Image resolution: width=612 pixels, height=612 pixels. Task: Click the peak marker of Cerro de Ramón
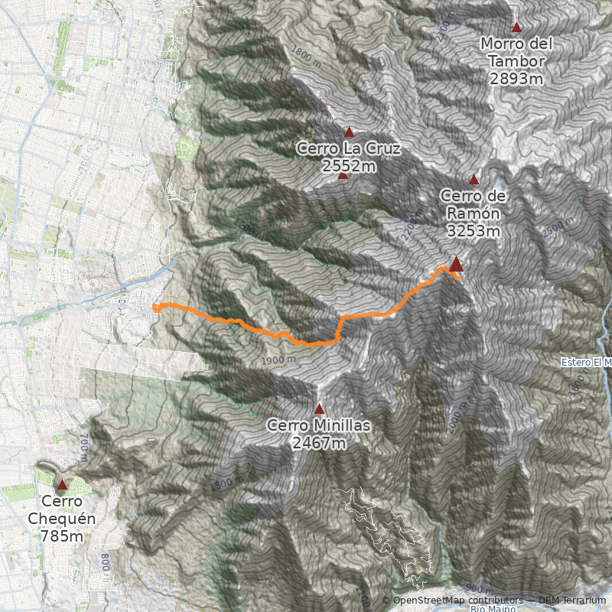474,180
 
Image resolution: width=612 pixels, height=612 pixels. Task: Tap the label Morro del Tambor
517,53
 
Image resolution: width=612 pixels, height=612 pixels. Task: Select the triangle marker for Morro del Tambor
516,28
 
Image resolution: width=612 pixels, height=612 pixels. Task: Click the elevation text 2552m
349,165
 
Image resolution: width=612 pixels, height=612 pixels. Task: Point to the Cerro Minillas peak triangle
320,409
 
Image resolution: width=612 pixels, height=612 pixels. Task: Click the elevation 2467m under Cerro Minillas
319,442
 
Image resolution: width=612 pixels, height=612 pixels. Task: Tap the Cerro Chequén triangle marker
62,484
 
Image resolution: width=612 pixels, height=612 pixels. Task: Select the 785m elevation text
61,536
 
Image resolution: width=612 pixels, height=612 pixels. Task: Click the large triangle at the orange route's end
456,265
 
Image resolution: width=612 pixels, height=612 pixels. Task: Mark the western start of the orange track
155,308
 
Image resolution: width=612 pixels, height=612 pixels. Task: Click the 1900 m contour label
277,360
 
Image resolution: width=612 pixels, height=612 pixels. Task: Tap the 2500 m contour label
556,226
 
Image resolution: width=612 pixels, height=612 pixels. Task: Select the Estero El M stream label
586,362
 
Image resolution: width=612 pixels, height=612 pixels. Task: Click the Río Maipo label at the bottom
490,608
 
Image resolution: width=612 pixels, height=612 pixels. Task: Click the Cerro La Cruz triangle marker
350,132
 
